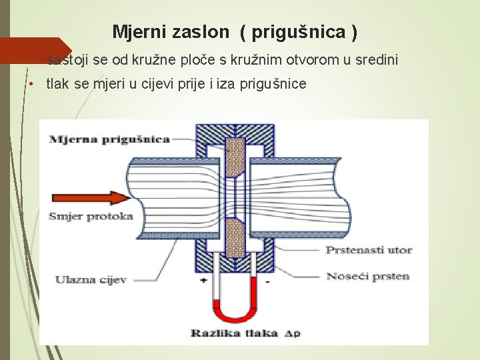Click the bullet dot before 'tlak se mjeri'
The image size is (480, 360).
[x=31, y=84]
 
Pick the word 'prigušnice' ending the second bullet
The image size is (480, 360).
[x=275, y=83]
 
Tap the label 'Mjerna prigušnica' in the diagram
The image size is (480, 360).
[x=109, y=139]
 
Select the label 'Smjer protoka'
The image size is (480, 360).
[x=90, y=215]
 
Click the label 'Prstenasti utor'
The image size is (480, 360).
[x=369, y=250]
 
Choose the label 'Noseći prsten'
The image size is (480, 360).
[x=367, y=275]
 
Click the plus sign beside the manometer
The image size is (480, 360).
[x=203, y=281]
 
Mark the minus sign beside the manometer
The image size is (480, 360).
[x=267, y=281]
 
